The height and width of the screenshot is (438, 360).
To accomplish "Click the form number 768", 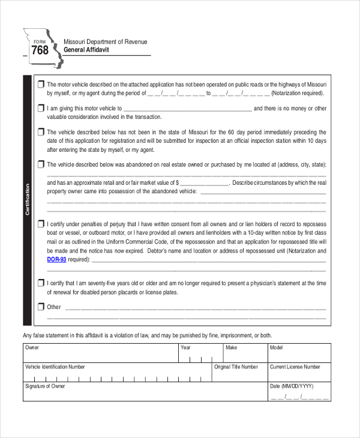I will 40,50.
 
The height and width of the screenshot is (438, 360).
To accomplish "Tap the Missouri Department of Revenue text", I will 105,41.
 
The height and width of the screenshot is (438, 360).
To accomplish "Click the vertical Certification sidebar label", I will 27,200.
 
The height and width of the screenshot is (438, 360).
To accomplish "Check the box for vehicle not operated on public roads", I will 40,84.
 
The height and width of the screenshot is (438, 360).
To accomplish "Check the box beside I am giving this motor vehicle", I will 40,109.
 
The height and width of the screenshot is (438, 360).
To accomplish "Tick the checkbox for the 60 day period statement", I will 40,132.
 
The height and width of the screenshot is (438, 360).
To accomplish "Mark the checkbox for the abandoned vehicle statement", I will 40,164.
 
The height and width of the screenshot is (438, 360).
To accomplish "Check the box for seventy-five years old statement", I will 40,283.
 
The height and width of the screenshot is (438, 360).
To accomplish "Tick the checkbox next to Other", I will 40,307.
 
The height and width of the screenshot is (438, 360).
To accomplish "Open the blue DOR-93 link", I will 56,260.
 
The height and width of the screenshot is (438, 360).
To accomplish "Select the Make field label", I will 231,347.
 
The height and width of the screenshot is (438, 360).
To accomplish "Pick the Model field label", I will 277,347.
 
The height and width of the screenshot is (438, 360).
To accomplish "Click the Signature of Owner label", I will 45,386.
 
